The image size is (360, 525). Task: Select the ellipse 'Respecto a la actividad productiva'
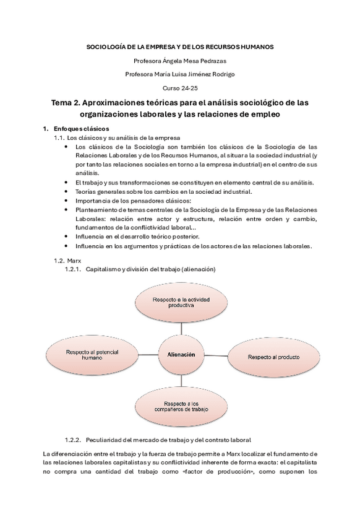[178, 302]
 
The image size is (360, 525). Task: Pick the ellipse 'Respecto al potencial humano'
[84, 354]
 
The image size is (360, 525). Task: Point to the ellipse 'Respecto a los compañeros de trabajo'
[177, 406]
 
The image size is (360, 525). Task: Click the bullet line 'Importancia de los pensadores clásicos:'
[133, 201]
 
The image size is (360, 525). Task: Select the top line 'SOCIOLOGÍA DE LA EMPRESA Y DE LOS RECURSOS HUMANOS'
[180, 46]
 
